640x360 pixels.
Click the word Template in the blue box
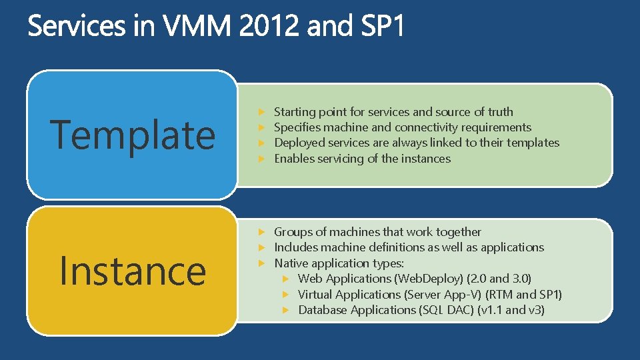click(x=133, y=134)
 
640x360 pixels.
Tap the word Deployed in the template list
click(x=298, y=143)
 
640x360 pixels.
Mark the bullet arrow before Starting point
click(x=262, y=112)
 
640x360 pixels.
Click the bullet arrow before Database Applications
click(x=285, y=310)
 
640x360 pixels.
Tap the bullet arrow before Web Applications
click(x=285, y=279)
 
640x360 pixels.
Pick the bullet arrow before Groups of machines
click(x=262, y=232)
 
